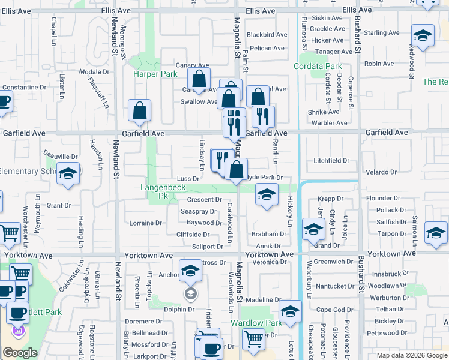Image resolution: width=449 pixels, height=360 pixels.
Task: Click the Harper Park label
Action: point(155,74)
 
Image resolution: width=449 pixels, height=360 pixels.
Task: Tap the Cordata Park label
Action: point(318,66)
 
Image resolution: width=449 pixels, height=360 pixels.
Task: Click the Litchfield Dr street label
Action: point(331,161)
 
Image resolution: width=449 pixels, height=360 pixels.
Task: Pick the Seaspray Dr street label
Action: point(199,211)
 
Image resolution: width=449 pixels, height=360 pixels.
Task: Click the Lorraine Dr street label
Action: point(146,223)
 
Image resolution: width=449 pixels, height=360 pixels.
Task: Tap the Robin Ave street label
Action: point(379,64)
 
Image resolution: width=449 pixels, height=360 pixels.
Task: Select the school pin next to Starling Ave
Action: point(423,37)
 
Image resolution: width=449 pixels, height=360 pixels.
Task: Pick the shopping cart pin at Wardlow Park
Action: point(253,339)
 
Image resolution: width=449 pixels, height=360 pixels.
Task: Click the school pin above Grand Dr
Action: point(313,230)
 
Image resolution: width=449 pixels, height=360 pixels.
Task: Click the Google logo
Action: point(20,353)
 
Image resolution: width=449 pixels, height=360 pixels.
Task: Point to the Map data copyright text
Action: point(411,355)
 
